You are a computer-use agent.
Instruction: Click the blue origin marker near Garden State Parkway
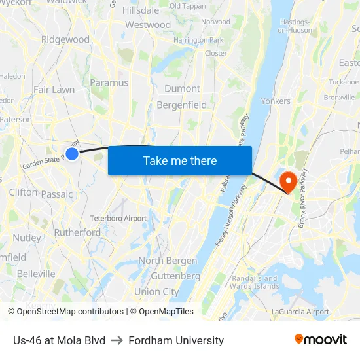click(x=72, y=154)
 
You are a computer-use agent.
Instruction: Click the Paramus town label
click(x=109, y=83)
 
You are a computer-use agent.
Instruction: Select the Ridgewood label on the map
click(x=65, y=39)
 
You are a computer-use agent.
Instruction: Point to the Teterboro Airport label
click(x=118, y=218)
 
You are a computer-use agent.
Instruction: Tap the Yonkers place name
click(x=275, y=101)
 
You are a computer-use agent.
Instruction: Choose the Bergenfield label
click(x=181, y=105)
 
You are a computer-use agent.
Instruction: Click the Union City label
click(x=156, y=291)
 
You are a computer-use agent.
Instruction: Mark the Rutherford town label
click(x=78, y=232)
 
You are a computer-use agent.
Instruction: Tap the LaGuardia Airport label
click(x=300, y=312)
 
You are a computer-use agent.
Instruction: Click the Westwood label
click(x=148, y=25)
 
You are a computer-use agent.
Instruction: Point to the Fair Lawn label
click(x=54, y=90)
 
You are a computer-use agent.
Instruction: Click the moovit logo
click(x=320, y=340)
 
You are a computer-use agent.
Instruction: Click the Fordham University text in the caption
click(x=176, y=340)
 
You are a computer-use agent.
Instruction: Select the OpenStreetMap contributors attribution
click(x=65, y=312)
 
